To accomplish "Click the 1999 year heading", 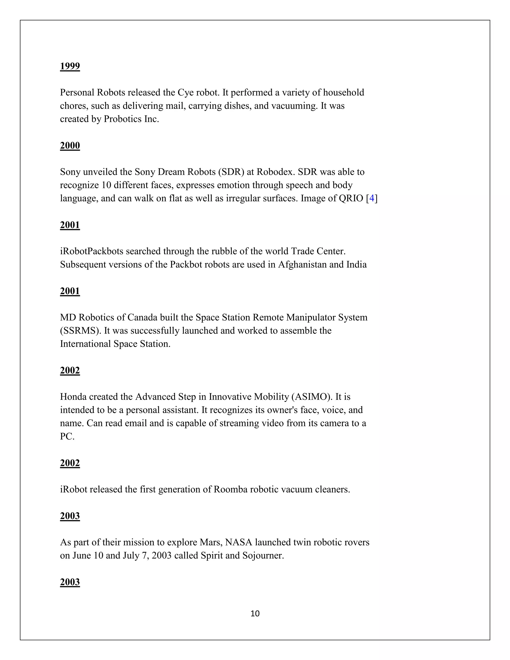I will click(x=70, y=66).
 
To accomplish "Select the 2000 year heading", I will click(x=70, y=146).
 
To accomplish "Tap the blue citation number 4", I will click(x=372, y=198).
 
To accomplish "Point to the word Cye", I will click(x=186, y=92).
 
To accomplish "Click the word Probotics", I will click(x=122, y=119).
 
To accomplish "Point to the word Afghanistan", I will click(x=302, y=265).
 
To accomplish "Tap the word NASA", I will click(x=239, y=542).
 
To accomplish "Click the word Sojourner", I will click(x=263, y=555).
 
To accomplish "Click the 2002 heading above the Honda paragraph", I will click(x=70, y=371).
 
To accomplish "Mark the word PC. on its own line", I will click(x=67, y=436).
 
